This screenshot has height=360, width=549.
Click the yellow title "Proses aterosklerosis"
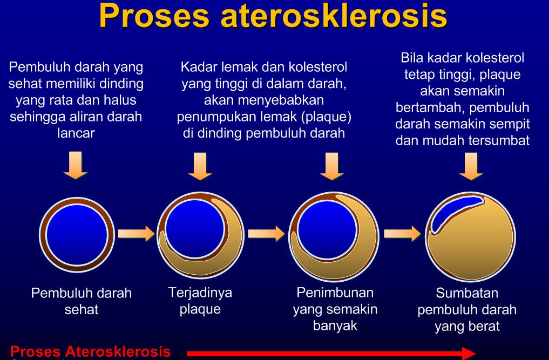(x=273, y=16)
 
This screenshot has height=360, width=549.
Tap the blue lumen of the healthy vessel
(x=77, y=235)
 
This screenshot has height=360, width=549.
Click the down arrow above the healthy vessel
(x=75, y=165)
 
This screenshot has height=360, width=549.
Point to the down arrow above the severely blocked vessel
(x=471, y=166)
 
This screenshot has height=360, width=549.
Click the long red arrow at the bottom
(x=331, y=353)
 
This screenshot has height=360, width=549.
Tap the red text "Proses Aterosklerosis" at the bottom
(x=90, y=351)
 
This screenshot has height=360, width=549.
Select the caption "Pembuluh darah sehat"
(x=81, y=301)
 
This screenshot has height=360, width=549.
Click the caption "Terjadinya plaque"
(x=200, y=301)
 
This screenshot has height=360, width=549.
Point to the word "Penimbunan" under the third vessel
(x=335, y=293)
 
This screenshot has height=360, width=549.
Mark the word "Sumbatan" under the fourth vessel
(x=467, y=293)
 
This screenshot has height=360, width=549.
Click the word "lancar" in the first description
(x=76, y=133)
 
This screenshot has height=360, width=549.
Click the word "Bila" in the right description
(x=410, y=58)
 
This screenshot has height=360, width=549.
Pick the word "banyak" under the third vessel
(x=335, y=325)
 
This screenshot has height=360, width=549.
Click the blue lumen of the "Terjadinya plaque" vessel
(x=195, y=229)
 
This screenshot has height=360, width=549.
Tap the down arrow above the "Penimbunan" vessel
(x=331, y=166)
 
